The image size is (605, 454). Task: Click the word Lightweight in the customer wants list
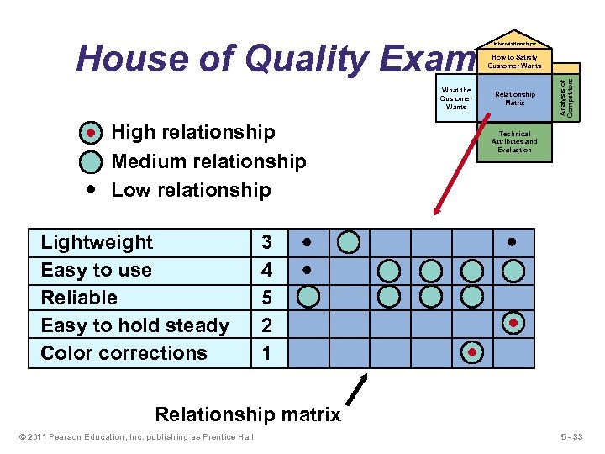97,243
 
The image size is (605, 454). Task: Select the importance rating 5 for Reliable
266,298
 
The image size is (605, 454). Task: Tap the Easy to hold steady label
134,325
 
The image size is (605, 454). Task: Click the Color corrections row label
124,353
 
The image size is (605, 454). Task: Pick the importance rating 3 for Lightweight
266,243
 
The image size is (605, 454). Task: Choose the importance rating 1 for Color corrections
266,353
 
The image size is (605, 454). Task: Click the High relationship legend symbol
91,133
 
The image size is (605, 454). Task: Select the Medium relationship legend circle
91,161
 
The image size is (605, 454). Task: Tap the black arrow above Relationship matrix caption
359,389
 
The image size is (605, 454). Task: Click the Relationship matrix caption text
248,414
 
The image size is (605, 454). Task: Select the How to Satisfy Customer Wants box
515,61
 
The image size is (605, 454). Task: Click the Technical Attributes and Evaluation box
515,141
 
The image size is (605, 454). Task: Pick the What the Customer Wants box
456,98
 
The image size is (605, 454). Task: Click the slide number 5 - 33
576,436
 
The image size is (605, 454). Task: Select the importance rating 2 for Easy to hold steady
266,325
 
